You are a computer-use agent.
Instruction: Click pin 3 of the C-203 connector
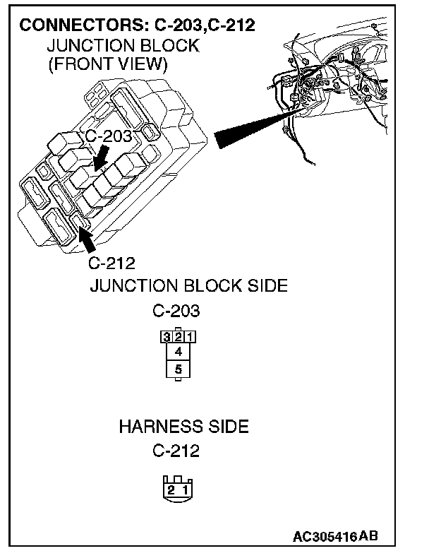[166, 337]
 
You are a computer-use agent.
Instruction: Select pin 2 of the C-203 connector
[178, 337]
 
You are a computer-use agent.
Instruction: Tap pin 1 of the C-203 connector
[190, 337]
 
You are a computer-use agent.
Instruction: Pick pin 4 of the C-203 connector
[178, 352]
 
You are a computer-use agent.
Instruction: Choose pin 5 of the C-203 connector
[178, 369]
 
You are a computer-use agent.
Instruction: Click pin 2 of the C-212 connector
[170, 489]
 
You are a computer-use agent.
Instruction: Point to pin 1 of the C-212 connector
[185, 489]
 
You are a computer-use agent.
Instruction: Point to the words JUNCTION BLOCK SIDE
[188, 286]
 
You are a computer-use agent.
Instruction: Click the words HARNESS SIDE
[183, 427]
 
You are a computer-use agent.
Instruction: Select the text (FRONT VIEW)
[107, 65]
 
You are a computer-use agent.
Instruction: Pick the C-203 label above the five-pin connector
[176, 311]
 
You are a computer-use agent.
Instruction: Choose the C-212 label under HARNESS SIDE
[176, 451]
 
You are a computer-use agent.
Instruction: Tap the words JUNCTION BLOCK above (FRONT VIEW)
[123, 46]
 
